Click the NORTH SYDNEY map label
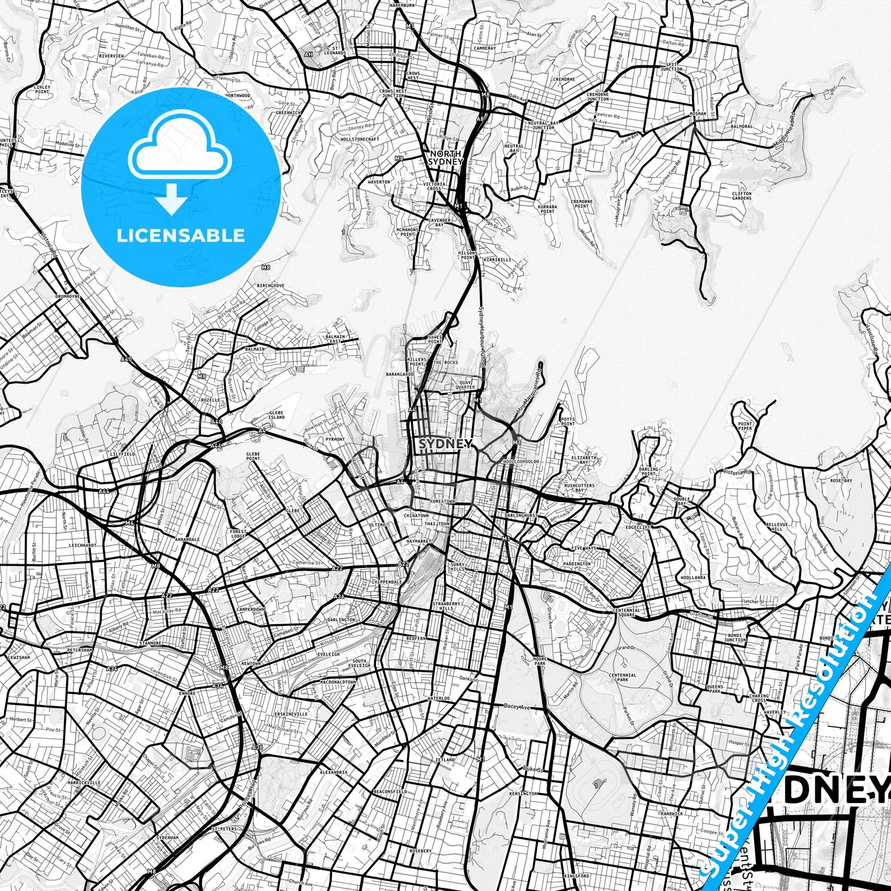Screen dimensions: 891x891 (x=445, y=157)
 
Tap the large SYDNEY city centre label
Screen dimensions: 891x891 (x=445, y=444)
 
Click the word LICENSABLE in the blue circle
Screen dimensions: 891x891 (x=181, y=235)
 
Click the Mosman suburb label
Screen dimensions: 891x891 (x=698, y=114)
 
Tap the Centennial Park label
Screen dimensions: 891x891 (x=622, y=678)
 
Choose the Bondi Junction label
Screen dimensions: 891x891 (x=734, y=637)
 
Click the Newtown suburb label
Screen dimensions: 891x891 (x=250, y=663)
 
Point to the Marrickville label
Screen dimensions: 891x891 (x=85, y=782)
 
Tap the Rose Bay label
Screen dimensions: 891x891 (x=840, y=480)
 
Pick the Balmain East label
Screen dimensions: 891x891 (x=335, y=339)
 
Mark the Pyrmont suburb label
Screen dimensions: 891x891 (x=335, y=439)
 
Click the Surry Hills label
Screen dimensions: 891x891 (x=458, y=567)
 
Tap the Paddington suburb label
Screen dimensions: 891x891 (x=577, y=564)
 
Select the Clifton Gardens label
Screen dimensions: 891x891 (x=742, y=195)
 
